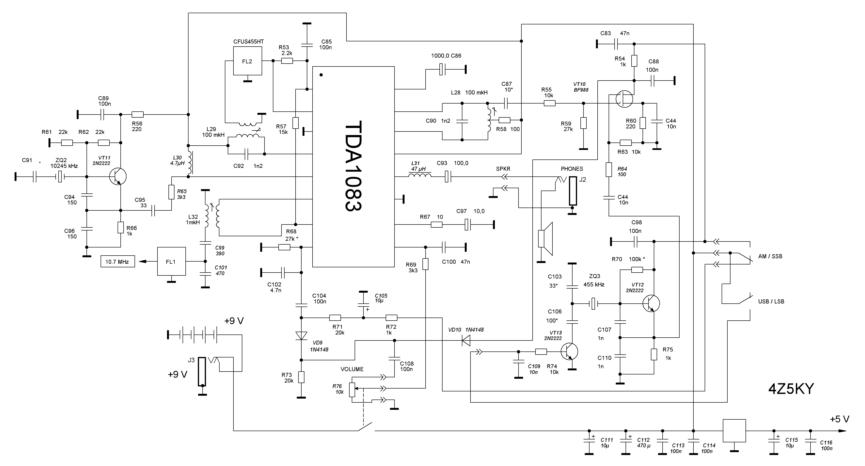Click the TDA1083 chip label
tap(353, 166)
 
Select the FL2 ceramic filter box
tap(248, 61)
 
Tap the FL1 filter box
tap(171, 261)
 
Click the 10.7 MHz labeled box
tap(118, 261)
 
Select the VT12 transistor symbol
tap(651, 303)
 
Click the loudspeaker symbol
tap(545, 239)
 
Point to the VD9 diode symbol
tap(301, 335)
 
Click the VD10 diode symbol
tap(466, 341)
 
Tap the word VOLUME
tap(352, 369)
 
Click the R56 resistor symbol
tap(138, 114)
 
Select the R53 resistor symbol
tap(287, 61)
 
